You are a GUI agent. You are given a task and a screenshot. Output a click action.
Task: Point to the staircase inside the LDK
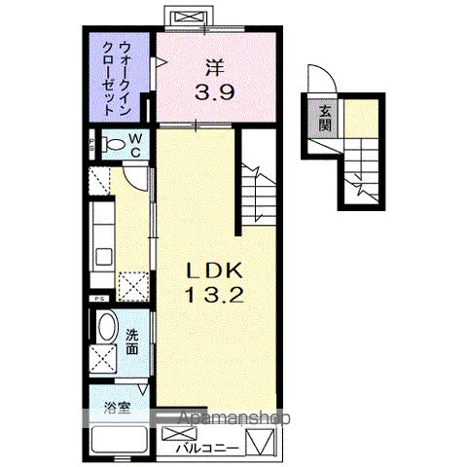pyautogui.click(x=261, y=190)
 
